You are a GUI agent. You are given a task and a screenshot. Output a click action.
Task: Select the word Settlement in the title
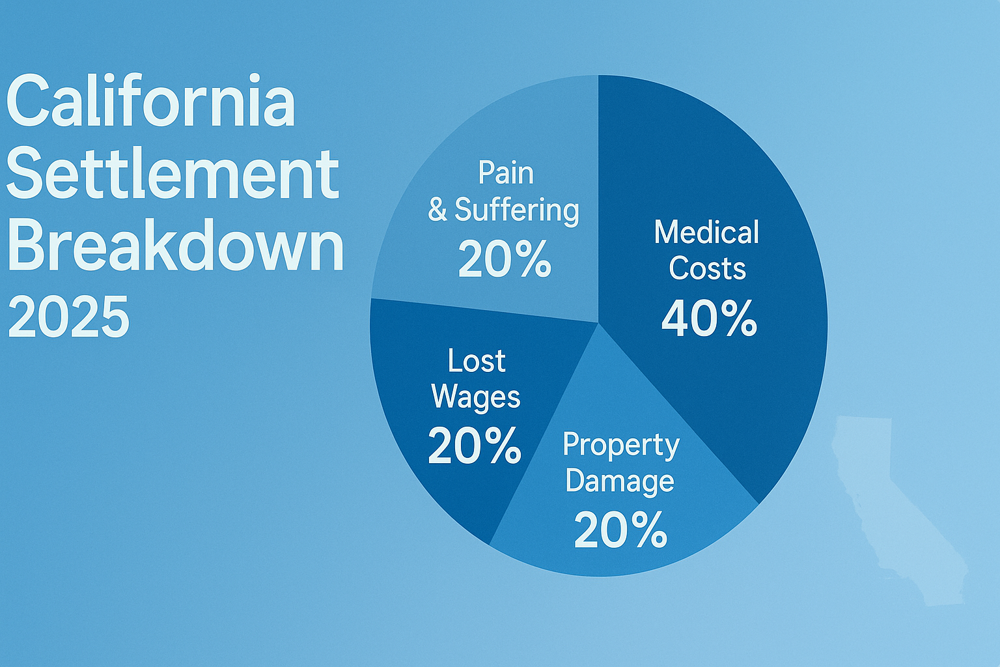173,173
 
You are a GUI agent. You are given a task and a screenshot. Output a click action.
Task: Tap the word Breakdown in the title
175,246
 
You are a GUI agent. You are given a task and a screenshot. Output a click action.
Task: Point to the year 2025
69,317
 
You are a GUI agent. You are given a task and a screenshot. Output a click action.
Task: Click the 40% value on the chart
709,319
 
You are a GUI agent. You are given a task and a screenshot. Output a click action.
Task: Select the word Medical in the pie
706,232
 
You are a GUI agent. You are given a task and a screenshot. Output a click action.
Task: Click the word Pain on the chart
506,173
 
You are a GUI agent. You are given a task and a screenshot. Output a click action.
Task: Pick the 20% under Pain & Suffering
505,259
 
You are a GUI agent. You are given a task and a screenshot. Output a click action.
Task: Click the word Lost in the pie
477,360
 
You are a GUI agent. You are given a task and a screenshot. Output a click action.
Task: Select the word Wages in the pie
476,397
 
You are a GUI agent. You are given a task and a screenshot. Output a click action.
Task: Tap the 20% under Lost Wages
474,445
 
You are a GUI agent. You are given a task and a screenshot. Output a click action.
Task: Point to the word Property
621,446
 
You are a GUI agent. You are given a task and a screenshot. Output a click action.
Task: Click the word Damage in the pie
620,481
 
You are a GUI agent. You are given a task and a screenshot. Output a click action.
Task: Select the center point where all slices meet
598,322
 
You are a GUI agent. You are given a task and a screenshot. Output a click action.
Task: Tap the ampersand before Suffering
437,210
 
